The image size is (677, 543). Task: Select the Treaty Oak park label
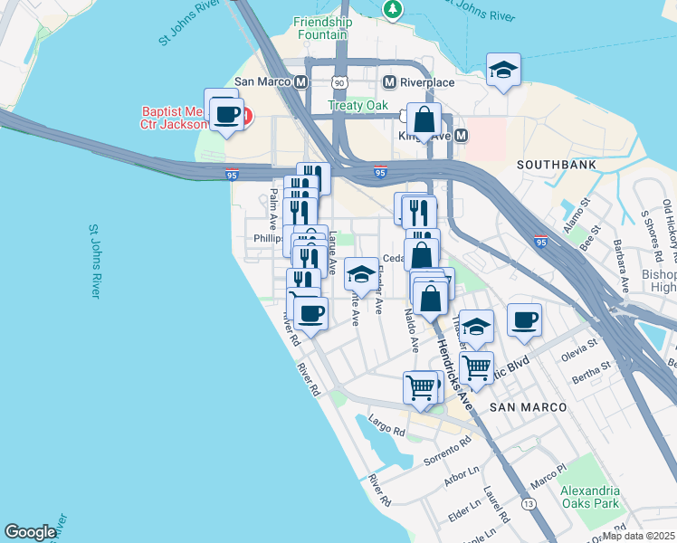point(358,106)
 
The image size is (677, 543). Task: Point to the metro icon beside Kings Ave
point(461,136)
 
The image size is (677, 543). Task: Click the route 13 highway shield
point(529,503)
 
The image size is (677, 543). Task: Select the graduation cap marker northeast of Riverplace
point(503,70)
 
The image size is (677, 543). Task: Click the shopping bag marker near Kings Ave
point(423,119)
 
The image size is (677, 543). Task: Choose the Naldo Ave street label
point(411,329)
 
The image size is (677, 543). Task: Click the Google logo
point(31,532)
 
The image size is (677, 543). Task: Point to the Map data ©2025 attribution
point(638,536)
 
